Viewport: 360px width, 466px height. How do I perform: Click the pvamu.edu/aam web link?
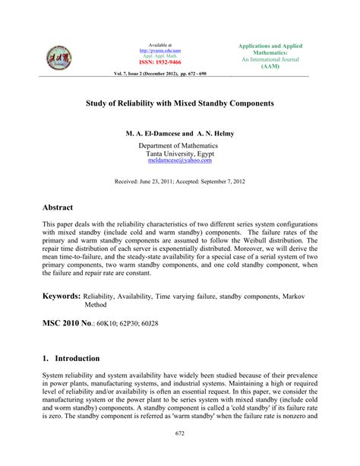pyautogui.click(x=160, y=50)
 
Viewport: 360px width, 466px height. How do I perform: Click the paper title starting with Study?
pyautogui.click(x=179, y=102)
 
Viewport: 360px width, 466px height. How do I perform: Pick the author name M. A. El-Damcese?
pyautogui.click(x=154, y=133)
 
